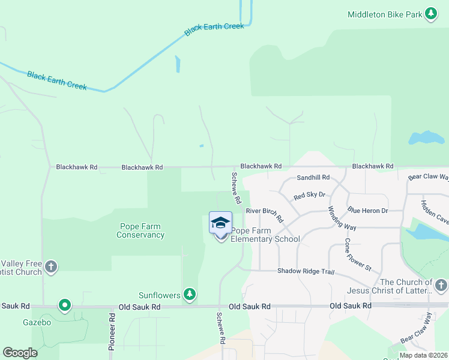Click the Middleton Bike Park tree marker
[431, 14]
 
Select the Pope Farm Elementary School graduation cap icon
[220, 222]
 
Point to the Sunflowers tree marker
[190, 294]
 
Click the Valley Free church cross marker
[51, 267]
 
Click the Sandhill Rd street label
[313, 178]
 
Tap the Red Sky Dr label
[309, 196]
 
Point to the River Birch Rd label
[264, 215]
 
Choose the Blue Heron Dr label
[367, 211]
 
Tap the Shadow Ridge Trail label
[305, 271]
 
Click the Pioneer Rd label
[112, 331]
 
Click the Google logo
[20, 352]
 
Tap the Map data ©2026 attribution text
[423, 355]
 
